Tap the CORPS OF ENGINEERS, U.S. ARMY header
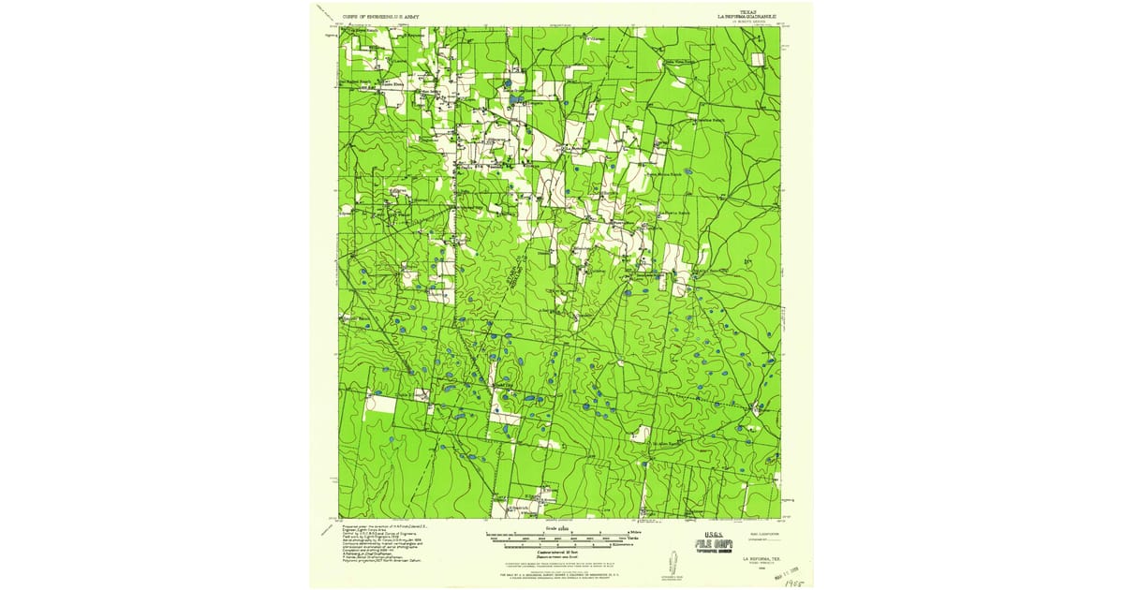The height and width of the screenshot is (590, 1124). (x=381, y=17)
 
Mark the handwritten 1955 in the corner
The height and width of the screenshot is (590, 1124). (x=799, y=582)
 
